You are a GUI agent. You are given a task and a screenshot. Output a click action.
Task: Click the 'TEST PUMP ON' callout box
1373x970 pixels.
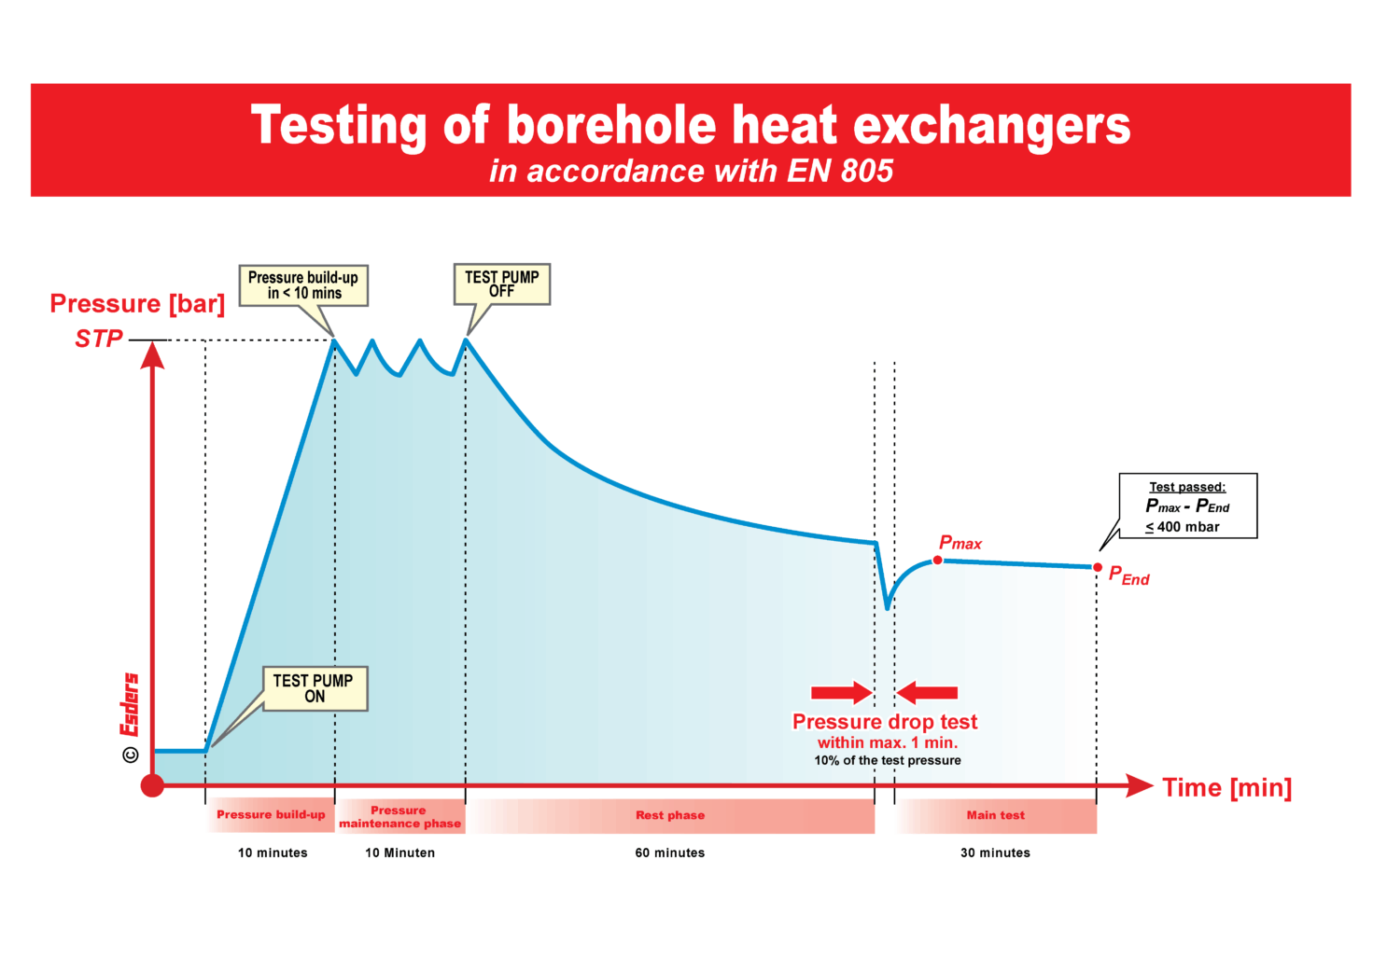315,688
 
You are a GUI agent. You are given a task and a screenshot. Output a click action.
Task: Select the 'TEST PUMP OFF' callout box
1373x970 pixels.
501,284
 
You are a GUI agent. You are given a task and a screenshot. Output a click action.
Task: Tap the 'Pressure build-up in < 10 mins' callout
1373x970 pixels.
303,285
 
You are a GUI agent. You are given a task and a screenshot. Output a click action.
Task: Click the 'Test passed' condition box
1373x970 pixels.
1187,506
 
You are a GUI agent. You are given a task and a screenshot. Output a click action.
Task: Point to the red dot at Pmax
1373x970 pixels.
938,561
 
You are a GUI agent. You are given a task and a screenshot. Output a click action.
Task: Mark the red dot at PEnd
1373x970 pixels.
1098,567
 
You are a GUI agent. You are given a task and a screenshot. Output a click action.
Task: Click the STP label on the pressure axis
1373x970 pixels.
99,339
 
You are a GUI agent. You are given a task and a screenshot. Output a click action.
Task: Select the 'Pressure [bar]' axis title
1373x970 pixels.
137,304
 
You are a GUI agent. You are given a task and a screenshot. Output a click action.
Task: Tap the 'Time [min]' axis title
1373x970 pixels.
1226,788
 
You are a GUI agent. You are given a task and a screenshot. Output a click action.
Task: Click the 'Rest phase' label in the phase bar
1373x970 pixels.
670,815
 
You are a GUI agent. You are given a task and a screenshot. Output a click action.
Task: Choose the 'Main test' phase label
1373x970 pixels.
995,815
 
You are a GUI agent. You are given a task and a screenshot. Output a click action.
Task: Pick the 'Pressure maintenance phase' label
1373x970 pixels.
399,817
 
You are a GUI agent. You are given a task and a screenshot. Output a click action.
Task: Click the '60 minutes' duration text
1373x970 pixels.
670,852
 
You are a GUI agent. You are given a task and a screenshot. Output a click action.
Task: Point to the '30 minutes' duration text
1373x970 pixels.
995,852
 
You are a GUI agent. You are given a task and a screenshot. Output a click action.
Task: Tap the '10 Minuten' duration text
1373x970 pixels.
399,852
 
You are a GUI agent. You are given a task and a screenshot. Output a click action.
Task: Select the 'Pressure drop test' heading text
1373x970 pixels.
884,722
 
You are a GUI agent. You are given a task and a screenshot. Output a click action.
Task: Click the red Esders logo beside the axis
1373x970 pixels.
130,704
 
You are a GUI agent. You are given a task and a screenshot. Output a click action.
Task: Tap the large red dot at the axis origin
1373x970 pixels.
152,785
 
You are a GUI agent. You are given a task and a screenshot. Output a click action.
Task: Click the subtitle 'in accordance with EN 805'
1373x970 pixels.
691,171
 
